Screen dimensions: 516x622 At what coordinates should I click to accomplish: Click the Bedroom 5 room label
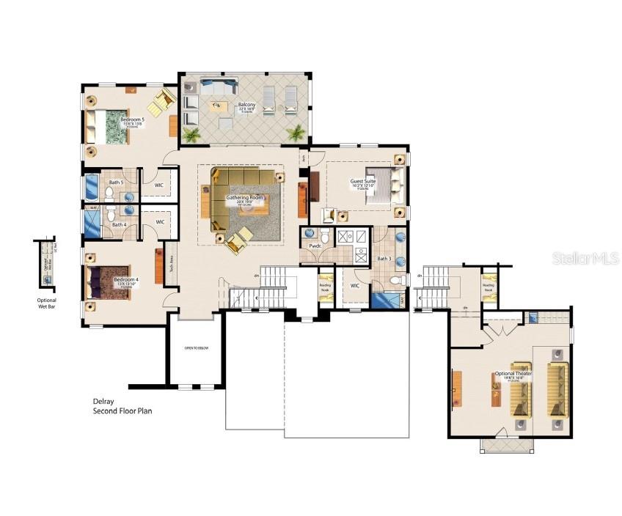132,119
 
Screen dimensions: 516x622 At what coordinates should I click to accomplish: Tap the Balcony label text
246,105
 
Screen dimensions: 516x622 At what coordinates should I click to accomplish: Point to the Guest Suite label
362,181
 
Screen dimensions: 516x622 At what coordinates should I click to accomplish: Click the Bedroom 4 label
126,280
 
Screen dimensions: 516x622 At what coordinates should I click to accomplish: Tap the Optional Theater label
513,374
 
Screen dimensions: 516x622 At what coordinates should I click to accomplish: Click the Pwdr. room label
315,246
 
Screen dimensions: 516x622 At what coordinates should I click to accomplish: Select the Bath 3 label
384,258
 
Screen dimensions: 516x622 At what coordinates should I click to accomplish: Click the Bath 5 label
116,182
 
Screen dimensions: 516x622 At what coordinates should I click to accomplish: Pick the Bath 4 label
119,224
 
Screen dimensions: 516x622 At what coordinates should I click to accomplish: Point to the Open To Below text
196,348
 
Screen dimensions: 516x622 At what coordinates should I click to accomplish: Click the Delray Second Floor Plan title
122,406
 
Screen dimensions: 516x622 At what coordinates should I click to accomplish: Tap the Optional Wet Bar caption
46,303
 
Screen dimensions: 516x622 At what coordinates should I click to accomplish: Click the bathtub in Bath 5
91,188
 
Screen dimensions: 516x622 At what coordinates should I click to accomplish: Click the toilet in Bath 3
395,280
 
